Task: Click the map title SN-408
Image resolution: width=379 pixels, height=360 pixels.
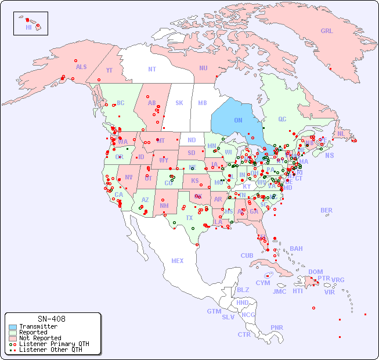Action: click(52, 319)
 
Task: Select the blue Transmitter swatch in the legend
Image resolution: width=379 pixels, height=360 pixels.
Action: click(12, 327)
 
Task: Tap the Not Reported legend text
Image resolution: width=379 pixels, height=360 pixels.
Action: click(39, 338)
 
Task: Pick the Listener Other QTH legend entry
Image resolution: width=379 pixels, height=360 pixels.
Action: click(50, 350)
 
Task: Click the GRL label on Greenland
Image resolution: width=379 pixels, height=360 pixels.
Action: click(327, 31)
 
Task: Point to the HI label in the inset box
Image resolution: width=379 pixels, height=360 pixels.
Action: click(28, 27)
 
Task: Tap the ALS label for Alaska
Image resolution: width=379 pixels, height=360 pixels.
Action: click(81, 67)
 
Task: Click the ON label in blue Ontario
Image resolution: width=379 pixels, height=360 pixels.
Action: click(238, 120)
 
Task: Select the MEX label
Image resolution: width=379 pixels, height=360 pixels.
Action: click(178, 261)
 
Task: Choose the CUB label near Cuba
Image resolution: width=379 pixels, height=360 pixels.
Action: click(247, 255)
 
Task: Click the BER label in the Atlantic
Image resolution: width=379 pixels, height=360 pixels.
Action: click(327, 210)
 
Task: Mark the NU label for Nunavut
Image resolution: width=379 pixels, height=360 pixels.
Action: click(203, 68)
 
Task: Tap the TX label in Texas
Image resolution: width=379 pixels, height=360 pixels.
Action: click(189, 218)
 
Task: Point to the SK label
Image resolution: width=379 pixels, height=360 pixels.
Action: click(179, 103)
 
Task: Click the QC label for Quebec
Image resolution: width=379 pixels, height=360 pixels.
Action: click(282, 120)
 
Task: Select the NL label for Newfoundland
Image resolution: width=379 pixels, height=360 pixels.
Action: click(341, 133)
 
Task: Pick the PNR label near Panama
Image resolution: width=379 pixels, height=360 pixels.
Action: click(277, 327)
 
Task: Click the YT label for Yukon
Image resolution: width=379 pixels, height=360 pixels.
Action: click(109, 70)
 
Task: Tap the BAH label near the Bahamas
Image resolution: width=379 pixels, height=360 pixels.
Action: click(296, 249)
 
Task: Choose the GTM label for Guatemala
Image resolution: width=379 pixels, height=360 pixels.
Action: click(214, 311)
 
